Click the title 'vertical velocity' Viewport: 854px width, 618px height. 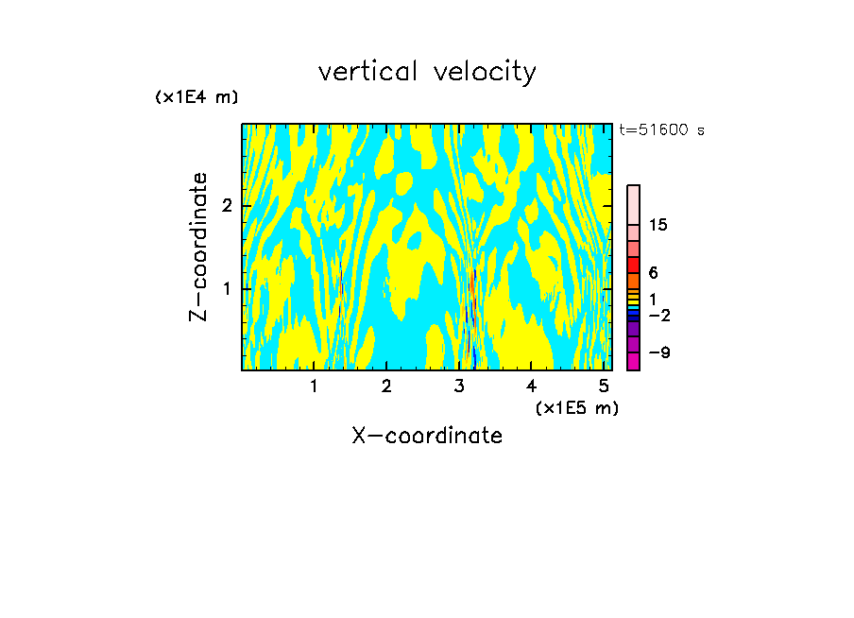[427, 72]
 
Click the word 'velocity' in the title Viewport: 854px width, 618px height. [481, 72]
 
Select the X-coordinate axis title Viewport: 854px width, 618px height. [427, 436]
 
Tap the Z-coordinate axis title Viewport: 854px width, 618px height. [198, 247]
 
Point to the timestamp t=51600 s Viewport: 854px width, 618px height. [661, 130]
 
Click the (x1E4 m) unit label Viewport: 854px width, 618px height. [196, 97]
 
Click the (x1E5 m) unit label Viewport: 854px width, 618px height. [576, 407]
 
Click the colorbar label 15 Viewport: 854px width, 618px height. [658, 225]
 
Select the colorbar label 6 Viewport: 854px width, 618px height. [653, 273]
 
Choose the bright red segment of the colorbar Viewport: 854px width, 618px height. [633, 265]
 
